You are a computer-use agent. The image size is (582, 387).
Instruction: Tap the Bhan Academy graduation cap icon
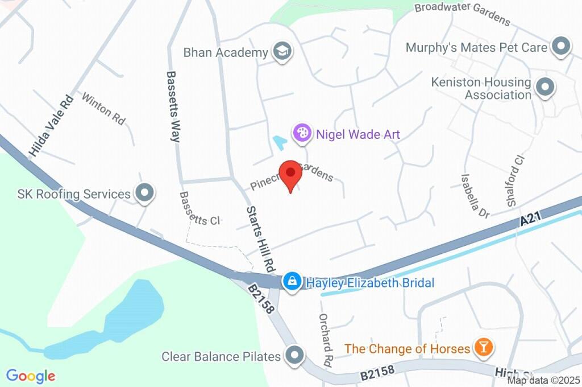pyautogui.click(x=281, y=52)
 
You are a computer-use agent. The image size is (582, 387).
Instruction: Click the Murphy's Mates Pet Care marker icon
pyautogui.click(x=561, y=47)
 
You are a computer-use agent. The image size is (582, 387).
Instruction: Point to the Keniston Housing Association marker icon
pyautogui.click(x=546, y=88)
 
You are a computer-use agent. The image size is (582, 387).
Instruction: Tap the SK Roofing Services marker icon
pyautogui.click(x=144, y=194)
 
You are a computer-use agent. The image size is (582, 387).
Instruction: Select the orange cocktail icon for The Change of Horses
pyautogui.click(x=484, y=348)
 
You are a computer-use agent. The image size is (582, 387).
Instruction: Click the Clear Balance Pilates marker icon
pyautogui.click(x=295, y=356)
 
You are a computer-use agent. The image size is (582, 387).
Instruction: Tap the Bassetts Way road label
pyautogui.click(x=173, y=106)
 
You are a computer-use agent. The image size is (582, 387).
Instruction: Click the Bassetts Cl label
pyautogui.click(x=199, y=208)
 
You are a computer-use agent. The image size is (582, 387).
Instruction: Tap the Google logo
pyautogui.click(x=31, y=376)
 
